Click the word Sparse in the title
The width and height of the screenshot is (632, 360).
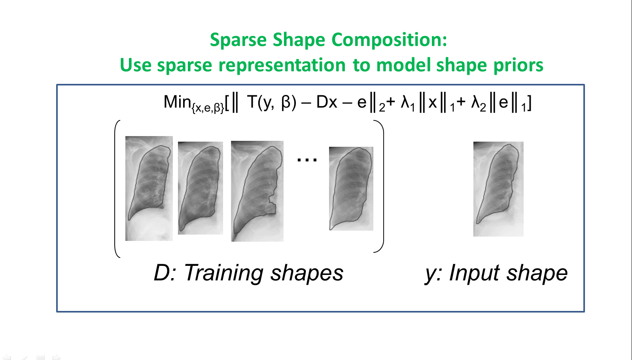tap(238, 40)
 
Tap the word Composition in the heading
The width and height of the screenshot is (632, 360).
tap(389, 40)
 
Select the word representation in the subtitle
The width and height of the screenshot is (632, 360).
tap(282, 65)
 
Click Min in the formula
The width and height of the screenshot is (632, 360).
tap(177, 102)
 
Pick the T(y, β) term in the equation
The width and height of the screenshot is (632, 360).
tap(271, 102)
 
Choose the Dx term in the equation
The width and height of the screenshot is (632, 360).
tap(326, 102)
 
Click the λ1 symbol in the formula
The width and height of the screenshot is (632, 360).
tap(408, 103)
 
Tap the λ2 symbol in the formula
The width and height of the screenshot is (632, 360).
tap(479, 103)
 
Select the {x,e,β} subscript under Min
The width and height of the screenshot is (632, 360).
tap(208, 108)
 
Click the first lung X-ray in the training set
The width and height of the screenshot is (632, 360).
tap(149, 188)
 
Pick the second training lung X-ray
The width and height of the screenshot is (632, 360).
tap(201, 188)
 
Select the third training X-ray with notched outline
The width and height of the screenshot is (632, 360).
tap(257, 191)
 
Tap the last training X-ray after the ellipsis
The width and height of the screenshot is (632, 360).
tap(351, 188)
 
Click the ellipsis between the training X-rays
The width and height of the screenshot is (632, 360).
tap(307, 160)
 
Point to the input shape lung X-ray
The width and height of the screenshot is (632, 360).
tap(498, 189)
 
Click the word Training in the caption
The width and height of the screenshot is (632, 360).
tap(224, 273)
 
